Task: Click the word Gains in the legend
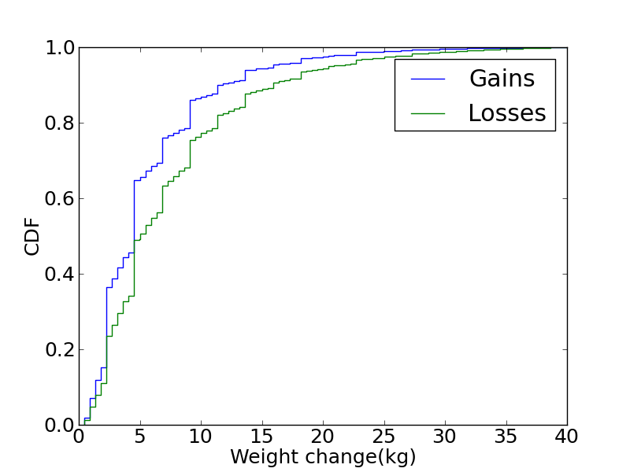[x=502, y=79]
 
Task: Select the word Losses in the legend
[x=506, y=113]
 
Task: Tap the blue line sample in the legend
[x=428, y=79]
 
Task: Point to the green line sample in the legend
[x=428, y=113]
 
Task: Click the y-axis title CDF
[x=32, y=236]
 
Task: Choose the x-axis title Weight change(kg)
[x=323, y=457]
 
